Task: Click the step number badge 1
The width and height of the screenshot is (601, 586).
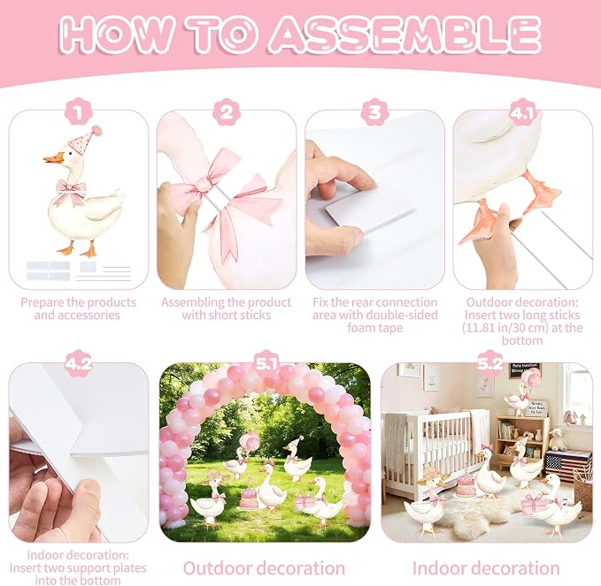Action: tap(79, 112)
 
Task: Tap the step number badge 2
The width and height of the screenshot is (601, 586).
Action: tap(227, 112)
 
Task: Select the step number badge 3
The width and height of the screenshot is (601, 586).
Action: tap(375, 112)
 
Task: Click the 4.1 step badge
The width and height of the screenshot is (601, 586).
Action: tap(522, 112)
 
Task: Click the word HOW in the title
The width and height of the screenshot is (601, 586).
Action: tap(116, 34)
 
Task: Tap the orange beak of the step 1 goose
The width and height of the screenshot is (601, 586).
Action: tap(54, 158)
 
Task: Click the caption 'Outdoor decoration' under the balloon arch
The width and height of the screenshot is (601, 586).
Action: tap(264, 568)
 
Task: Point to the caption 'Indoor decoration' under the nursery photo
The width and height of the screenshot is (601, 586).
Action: tap(486, 568)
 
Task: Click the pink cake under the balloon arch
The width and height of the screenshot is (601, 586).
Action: tap(249, 497)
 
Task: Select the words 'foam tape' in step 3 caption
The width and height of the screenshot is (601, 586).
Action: tap(375, 328)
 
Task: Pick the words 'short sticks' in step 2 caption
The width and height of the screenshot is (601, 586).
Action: tap(246, 316)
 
